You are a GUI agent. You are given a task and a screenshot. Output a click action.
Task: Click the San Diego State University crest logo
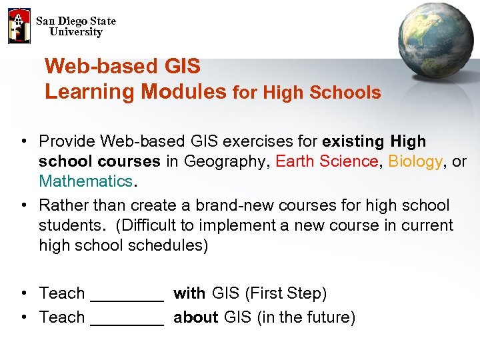(19, 26)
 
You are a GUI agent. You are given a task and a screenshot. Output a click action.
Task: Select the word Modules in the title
(184, 91)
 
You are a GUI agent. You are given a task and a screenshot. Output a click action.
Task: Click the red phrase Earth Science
(327, 161)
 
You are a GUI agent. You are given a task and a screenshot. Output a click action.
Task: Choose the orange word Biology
(415, 161)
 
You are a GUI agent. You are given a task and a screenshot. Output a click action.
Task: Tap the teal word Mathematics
(85, 181)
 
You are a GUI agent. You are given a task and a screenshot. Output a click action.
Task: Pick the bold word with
(189, 293)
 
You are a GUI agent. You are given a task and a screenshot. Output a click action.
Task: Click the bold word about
(196, 317)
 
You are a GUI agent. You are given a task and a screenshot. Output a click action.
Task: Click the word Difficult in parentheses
(149, 225)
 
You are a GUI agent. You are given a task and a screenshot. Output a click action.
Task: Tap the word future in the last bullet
(327, 317)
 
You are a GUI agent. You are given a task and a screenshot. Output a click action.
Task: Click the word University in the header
(76, 32)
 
